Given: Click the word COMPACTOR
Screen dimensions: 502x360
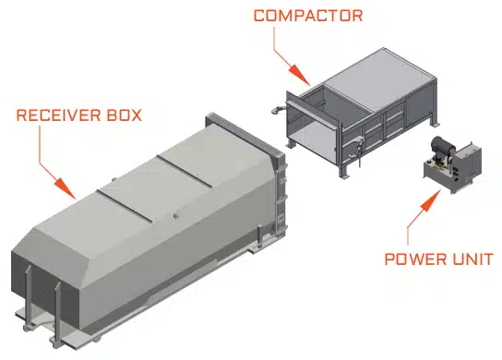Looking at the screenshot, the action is click(308, 16).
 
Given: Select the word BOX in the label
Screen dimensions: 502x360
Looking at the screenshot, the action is click(125, 115).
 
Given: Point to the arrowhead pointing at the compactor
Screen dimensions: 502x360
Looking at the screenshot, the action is click(299, 75).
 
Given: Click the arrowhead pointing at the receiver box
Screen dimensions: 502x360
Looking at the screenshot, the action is click(66, 188).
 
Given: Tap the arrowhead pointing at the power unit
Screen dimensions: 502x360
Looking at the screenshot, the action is click(431, 200).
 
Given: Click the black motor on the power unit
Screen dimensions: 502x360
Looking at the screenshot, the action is click(442, 146).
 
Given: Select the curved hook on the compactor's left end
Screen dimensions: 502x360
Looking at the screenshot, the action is click(277, 109).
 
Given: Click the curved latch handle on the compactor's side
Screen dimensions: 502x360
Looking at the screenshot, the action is click(356, 147).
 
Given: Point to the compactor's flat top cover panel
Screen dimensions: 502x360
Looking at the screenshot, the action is click(379, 79).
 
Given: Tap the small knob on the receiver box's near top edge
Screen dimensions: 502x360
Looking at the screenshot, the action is click(175, 216).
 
